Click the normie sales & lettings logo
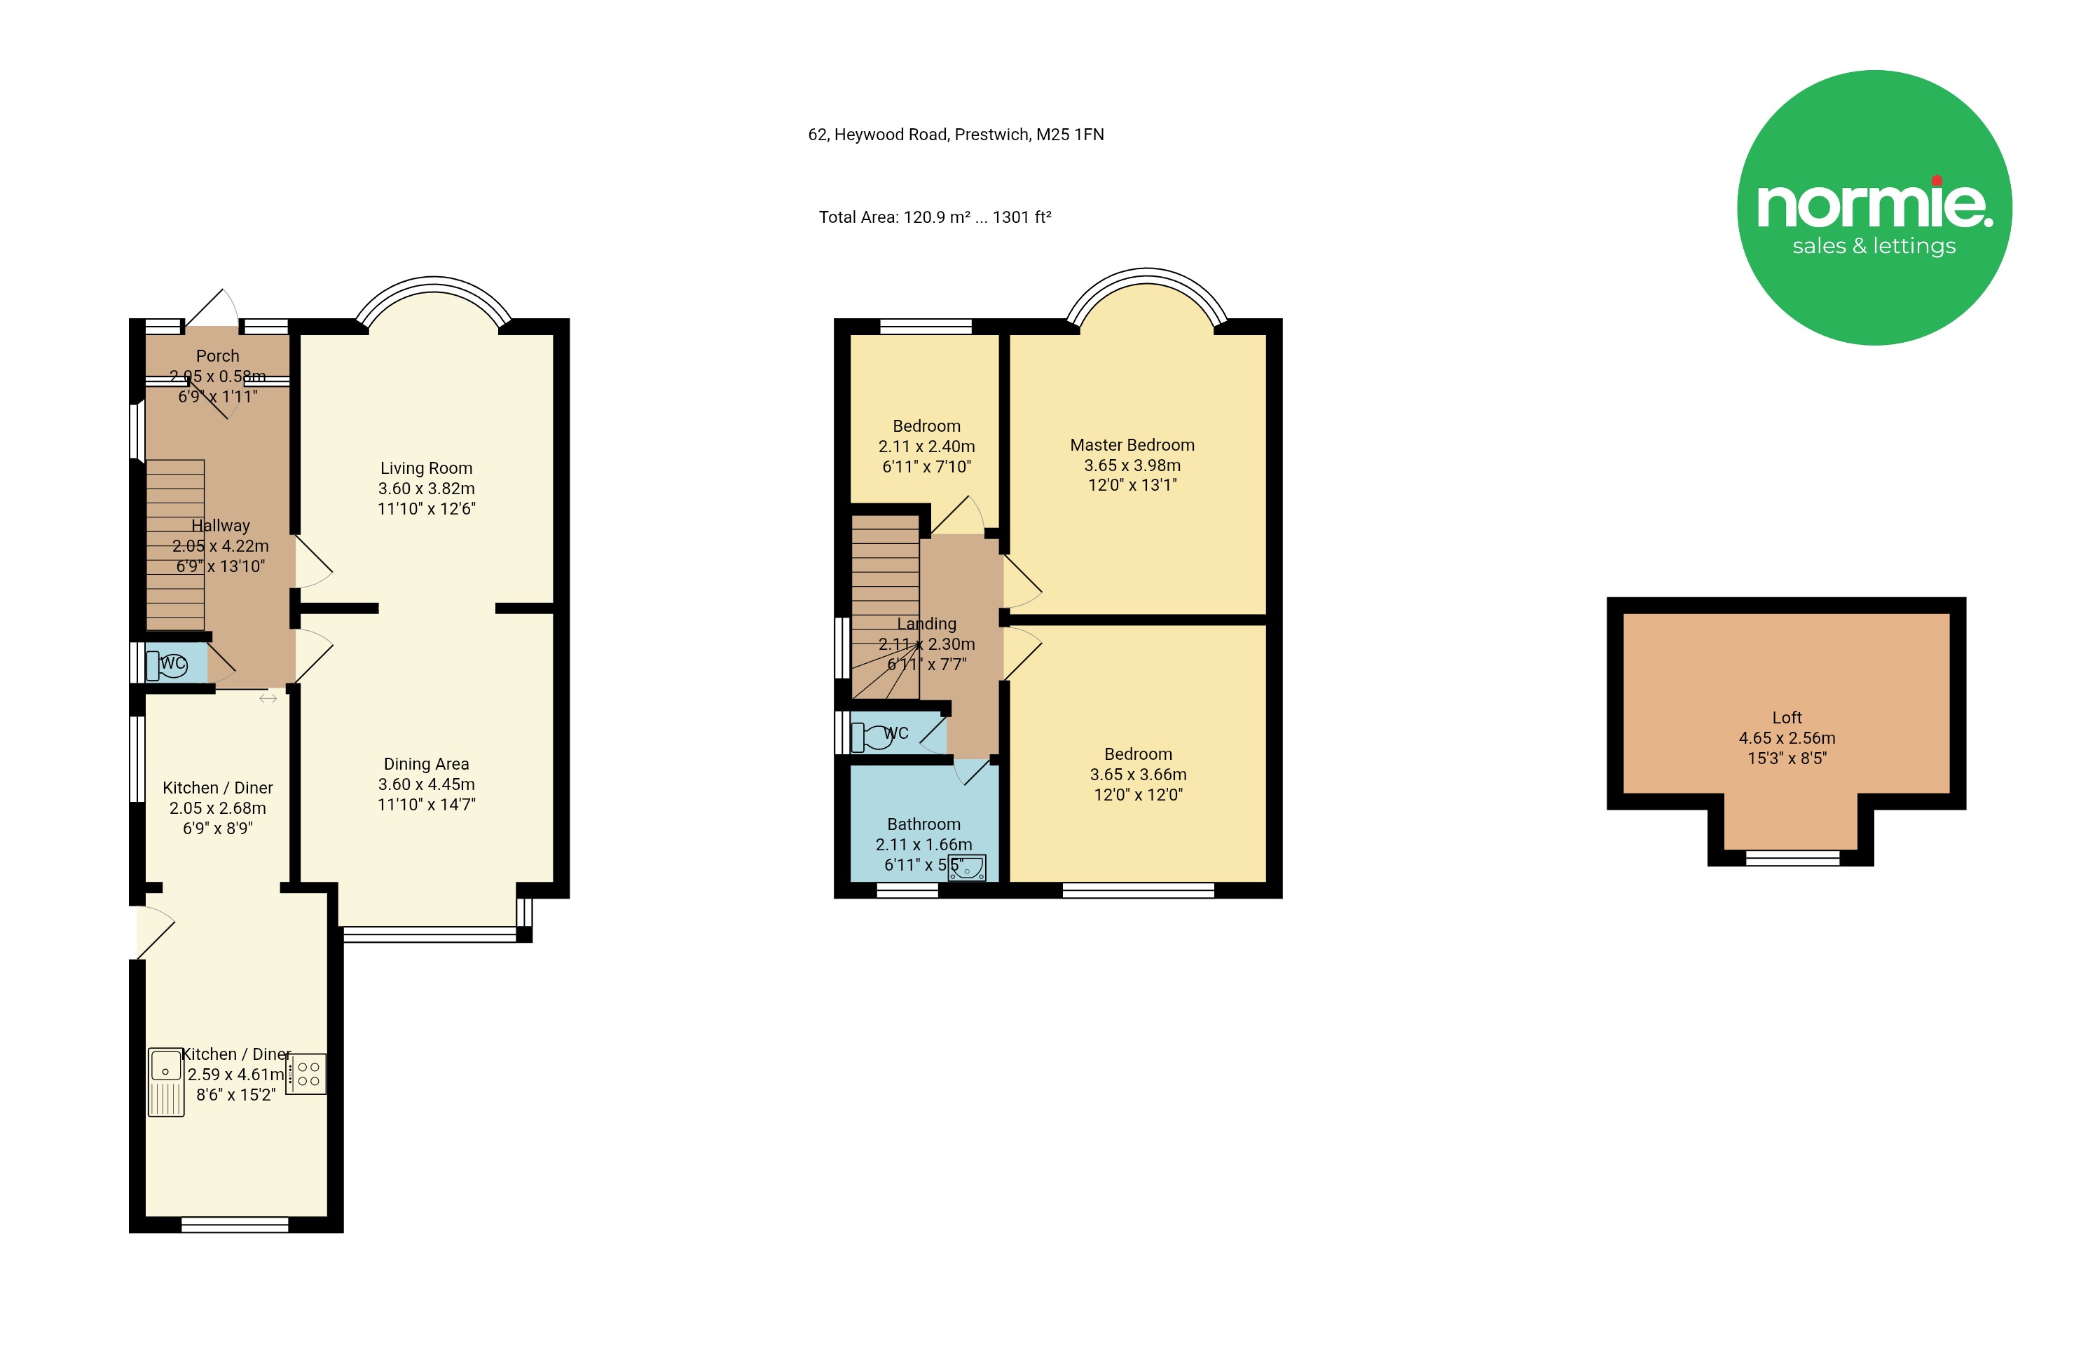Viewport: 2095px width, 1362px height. [x=1874, y=207]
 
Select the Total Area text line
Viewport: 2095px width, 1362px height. [x=935, y=217]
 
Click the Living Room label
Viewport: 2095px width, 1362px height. [x=426, y=468]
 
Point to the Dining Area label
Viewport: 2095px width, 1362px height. [x=426, y=764]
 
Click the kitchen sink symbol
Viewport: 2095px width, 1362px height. [x=165, y=1082]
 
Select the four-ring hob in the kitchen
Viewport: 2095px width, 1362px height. [x=306, y=1074]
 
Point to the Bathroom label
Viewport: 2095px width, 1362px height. [x=923, y=824]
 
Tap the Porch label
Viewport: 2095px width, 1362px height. [x=217, y=355]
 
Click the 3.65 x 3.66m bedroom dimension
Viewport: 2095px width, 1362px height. [x=1138, y=775]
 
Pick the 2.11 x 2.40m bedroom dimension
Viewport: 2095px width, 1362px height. [x=927, y=447]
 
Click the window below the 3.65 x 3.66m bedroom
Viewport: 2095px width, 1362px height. [x=1138, y=891]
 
